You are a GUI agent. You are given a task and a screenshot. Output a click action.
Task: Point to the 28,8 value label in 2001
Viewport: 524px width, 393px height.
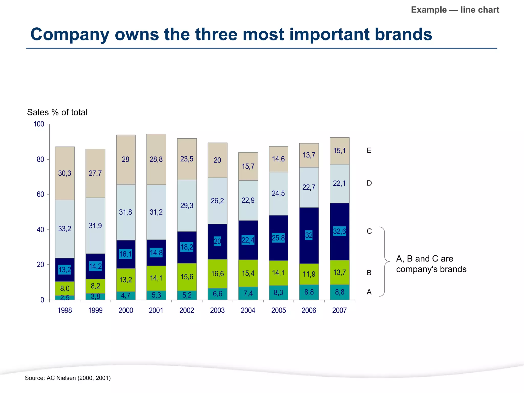[x=156, y=159]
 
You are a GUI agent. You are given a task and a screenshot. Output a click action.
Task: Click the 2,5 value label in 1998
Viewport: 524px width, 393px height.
[x=65, y=298]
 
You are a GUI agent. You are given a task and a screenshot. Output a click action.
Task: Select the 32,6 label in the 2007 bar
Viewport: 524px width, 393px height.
[x=340, y=232]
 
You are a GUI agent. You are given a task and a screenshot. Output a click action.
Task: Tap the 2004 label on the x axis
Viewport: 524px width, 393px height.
[x=248, y=310]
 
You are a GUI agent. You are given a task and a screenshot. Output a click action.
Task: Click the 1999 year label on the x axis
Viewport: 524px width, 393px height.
[x=95, y=310]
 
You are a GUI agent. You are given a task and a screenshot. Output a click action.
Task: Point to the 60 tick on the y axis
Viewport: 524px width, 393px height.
[x=40, y=194]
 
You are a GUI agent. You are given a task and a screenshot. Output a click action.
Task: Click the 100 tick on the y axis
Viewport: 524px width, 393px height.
[x=39, y=124]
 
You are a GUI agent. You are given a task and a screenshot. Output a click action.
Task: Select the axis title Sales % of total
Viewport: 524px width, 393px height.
[x=57, y=112]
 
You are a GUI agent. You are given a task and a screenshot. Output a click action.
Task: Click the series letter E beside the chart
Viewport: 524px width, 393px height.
[x=369, y=150]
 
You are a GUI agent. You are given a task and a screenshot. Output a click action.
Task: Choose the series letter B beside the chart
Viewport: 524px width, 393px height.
[x=369, y=273]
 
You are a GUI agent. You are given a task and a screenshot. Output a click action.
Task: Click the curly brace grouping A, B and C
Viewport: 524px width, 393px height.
[x=385, y=261]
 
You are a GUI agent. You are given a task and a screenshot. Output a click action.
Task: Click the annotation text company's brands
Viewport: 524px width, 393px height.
[x=431, y=269]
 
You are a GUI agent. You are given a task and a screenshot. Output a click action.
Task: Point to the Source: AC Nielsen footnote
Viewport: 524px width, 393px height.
[x=68, y=378]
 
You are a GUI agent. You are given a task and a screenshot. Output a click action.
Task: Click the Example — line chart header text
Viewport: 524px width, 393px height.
[x=455, y=10]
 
